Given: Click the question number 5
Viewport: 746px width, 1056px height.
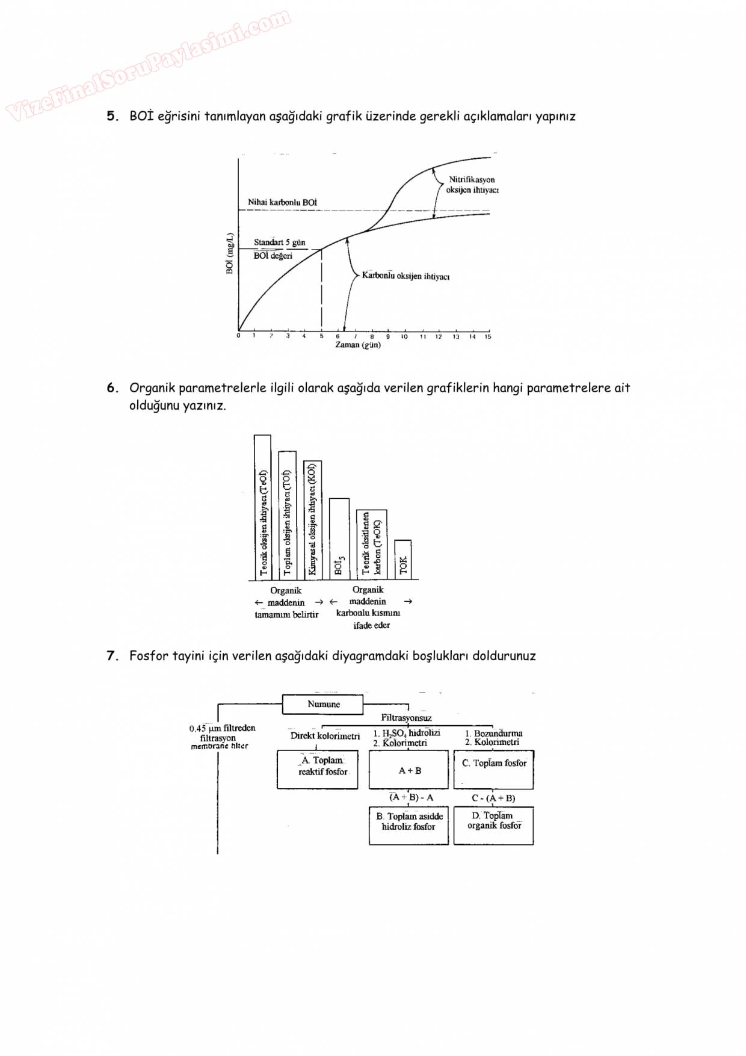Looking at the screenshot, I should point(112,116).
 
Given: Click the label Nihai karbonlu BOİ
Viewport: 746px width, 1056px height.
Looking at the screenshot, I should point(282,202).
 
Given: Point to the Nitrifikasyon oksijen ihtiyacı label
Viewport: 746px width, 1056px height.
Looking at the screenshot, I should point(472,185).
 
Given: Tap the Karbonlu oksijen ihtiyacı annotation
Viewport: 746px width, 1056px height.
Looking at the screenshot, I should point(405,276).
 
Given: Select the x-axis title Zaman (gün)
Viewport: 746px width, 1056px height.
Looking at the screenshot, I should point(358,345).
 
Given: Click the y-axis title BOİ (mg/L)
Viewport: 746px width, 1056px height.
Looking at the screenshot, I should point(230,253).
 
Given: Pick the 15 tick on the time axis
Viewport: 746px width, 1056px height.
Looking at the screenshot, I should point(488,336).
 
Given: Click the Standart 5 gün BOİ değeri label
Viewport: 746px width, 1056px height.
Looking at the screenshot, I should point(279,249).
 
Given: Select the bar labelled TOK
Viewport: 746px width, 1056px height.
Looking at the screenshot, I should point(403,560).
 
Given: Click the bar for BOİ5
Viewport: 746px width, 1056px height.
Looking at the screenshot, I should point(339,539).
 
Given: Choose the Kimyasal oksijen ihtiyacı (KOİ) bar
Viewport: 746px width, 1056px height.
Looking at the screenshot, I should point(312,519).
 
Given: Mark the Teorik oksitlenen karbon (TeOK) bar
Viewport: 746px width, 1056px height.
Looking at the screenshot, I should point(371,544).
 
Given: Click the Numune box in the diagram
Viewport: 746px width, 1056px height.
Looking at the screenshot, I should point(323,704).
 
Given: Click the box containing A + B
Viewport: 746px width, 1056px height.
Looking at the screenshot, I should point(409,770).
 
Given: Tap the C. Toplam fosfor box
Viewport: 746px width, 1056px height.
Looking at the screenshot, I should point(493,769).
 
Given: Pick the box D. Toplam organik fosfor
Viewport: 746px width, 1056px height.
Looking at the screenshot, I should point(493,825).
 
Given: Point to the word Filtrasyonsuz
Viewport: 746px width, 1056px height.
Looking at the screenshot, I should point(406,718).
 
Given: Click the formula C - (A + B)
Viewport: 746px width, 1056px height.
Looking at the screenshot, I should point(493,798).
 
